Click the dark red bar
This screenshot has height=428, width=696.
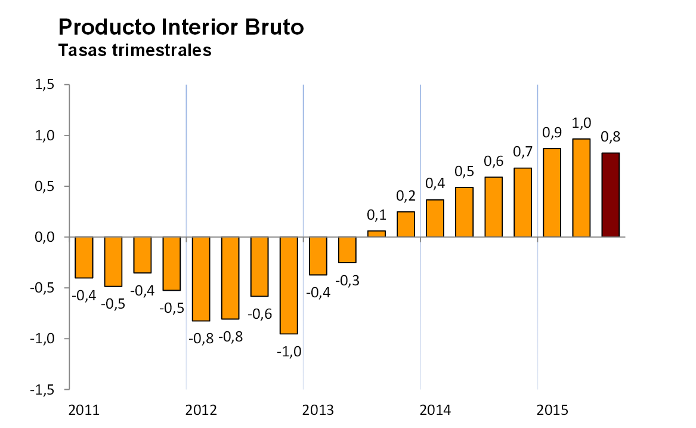tap(610, 195)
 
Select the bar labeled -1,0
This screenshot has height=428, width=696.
tap(289, 285)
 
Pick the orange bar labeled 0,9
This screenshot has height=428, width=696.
tap(552, 193)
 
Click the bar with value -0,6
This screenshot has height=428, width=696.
tap(259, 267)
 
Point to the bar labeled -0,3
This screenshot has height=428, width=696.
tap(347, 250)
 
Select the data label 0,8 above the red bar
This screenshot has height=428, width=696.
tap(611, 137)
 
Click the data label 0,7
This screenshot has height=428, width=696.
tap(522, 152)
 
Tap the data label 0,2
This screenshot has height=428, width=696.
tap(406, 196)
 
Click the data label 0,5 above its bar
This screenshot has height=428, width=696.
tap(464, 171)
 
